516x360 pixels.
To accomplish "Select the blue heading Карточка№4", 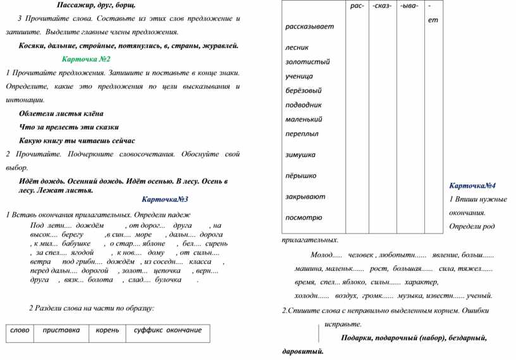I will click(472, 185).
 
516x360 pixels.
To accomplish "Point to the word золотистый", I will click(308, 62).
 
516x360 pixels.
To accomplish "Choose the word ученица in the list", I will click(300, 76).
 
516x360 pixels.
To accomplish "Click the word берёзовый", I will click(304, 90).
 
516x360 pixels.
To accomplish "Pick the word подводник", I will click(304, 104).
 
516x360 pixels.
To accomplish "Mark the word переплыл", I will click(302, 133).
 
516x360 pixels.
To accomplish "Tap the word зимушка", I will click(300, 154).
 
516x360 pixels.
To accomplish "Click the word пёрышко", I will click(301, 175).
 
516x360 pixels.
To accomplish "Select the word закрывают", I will click(305, 196).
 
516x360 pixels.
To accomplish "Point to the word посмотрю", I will click(304, 217).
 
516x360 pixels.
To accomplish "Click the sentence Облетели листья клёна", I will click(61, 114).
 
